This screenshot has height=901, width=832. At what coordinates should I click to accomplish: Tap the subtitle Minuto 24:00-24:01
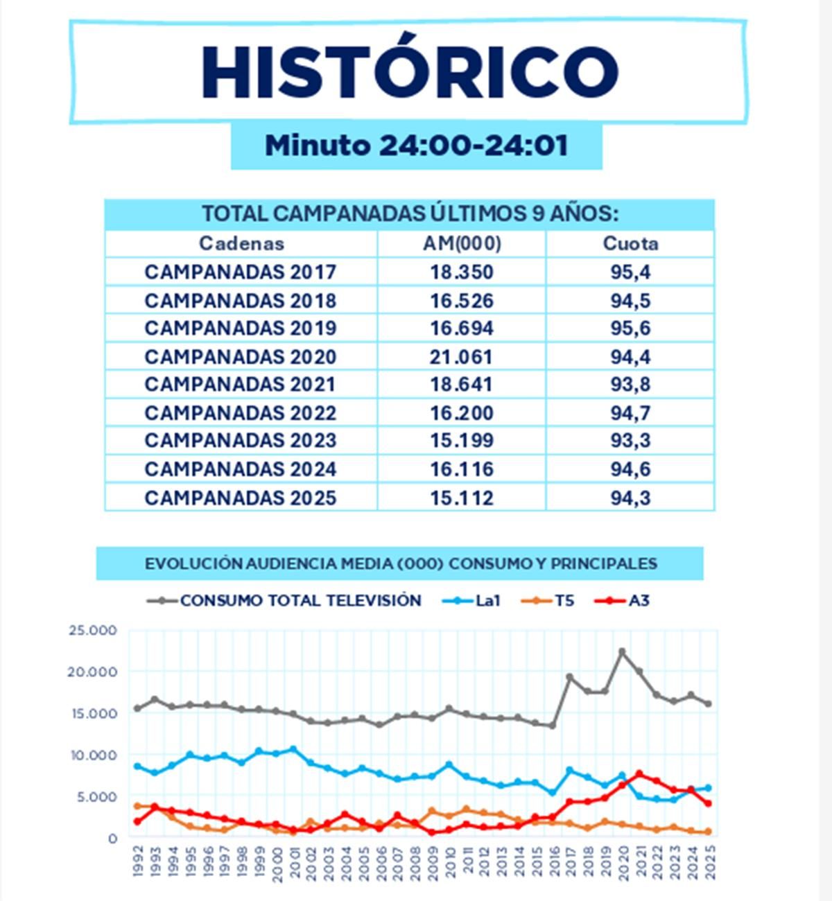click(x=416, y=146)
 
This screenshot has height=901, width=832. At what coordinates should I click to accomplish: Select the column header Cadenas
click(x=241, y=243)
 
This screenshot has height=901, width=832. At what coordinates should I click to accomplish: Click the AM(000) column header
click(x=462, y=243)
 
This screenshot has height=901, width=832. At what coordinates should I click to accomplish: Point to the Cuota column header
click(x=630, y=243)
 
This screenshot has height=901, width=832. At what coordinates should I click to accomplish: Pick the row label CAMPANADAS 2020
click(x=240, y=357)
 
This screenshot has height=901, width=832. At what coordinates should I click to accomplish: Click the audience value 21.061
click(x=462, y=357)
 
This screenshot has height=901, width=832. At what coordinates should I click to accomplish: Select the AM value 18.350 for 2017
click(x=462, y=272)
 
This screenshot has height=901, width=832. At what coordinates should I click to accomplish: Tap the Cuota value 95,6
click(x=630, y=328)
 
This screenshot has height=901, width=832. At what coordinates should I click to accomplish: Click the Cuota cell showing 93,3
click(x=630, y=440)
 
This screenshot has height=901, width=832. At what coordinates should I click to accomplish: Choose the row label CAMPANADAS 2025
click(x=240, y=498)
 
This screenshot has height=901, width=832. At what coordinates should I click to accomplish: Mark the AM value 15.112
click(x=462, y=498)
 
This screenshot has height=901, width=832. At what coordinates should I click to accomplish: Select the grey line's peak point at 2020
click(x=622, y=651)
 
